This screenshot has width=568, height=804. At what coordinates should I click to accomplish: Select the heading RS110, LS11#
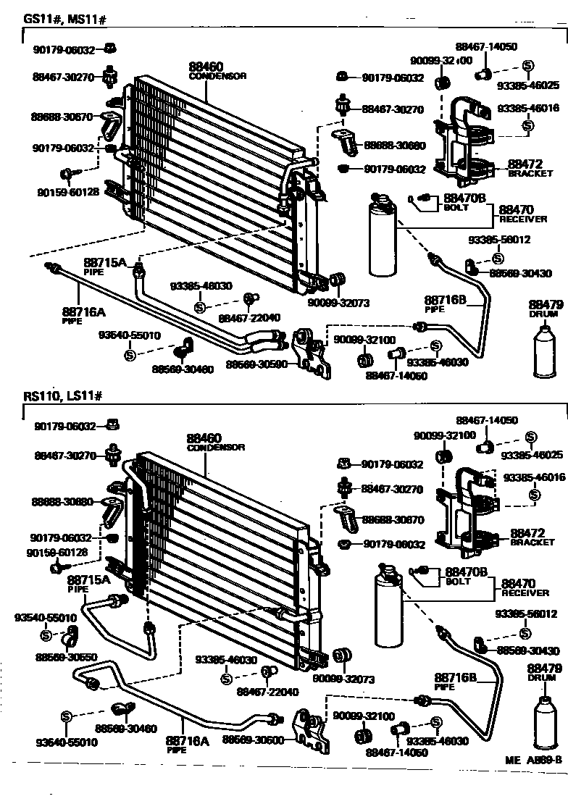pyautogui.click(x=64, y=396)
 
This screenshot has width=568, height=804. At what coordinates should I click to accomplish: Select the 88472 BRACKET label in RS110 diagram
pyautogui.click(x=531, y=536)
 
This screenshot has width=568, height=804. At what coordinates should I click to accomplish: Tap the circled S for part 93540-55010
pyautogui.click(x=45, y=635)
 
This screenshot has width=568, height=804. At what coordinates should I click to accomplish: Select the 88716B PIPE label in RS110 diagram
pyautogui.click(x=454, y=681)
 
